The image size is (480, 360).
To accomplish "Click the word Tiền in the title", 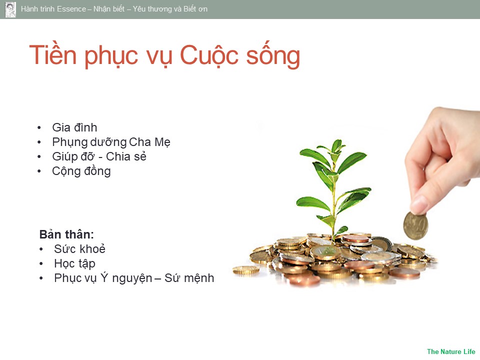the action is [52, 55].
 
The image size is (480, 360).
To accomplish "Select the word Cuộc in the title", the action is [209, 55].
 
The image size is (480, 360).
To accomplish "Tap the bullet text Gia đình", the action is [74, 127].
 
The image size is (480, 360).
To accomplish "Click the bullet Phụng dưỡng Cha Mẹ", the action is [111, 142].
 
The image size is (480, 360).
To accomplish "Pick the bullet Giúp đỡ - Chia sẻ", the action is [99, 156].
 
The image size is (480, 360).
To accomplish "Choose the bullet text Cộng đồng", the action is [81, 171].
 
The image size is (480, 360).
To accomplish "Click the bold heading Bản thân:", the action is [66, 234].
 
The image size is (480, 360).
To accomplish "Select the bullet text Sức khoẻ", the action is [79, 249].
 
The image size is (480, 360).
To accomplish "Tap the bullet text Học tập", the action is [74, 263].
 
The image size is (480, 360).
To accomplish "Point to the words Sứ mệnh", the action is [189, 278].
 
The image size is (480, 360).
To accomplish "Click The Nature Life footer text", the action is [451, 351].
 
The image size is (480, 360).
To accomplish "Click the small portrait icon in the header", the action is [10, 9].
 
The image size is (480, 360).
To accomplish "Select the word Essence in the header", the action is [71, 9].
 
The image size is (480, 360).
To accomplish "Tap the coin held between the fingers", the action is [415, 226].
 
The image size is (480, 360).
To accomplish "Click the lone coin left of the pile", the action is [246, 270].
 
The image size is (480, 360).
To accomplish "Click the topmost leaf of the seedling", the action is [336, 145].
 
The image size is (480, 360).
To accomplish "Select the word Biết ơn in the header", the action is [195, 9].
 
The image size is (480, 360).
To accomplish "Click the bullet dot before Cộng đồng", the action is [39, 171].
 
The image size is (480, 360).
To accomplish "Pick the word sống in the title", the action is [273, 55].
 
